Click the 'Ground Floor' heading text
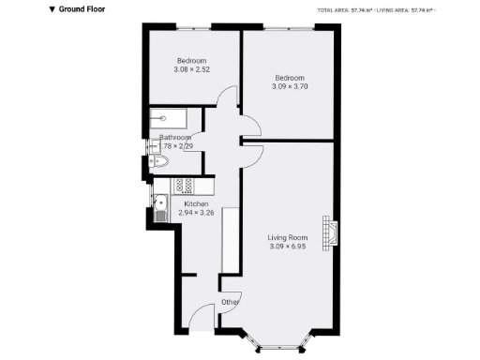click(82, 9)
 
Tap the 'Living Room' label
click(288, 237)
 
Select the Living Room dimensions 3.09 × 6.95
click(288, 247)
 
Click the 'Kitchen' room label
click(196, 204)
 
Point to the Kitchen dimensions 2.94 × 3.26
click(196, 214)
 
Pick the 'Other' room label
click(231, 302)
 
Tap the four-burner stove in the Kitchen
click(184, 185)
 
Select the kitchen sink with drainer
click(159, 206)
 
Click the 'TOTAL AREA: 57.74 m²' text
click(346, 9)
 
